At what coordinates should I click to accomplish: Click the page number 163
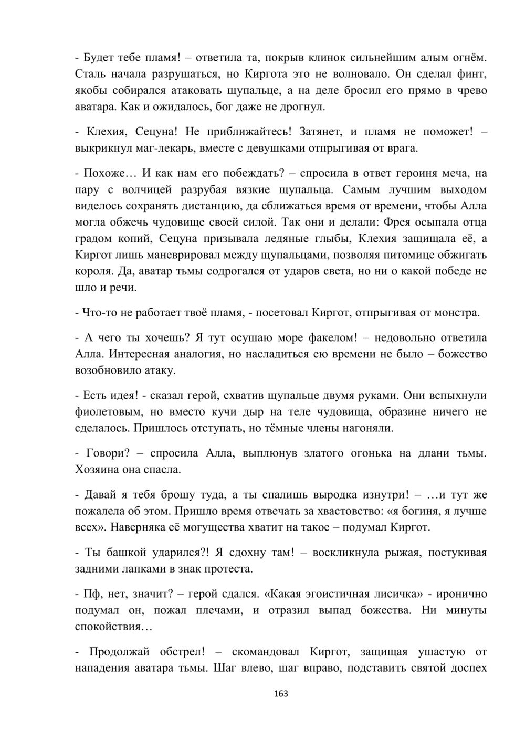(281, 694)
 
